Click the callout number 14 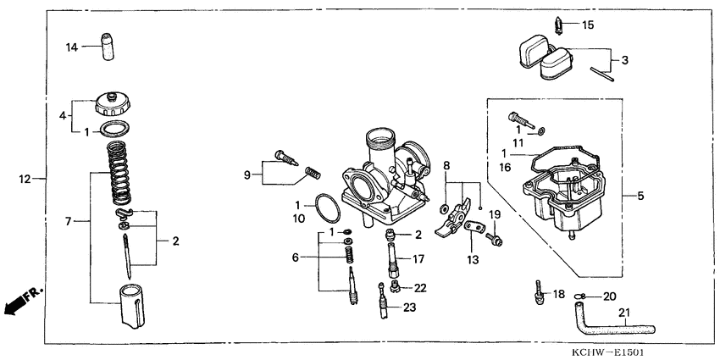coord(73,47)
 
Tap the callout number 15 coord(588,25)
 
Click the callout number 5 coord(640,197)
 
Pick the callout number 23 coord(409,307)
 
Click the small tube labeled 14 coord(107,47)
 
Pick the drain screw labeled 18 coord(537,291)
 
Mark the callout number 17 coord(418,258)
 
